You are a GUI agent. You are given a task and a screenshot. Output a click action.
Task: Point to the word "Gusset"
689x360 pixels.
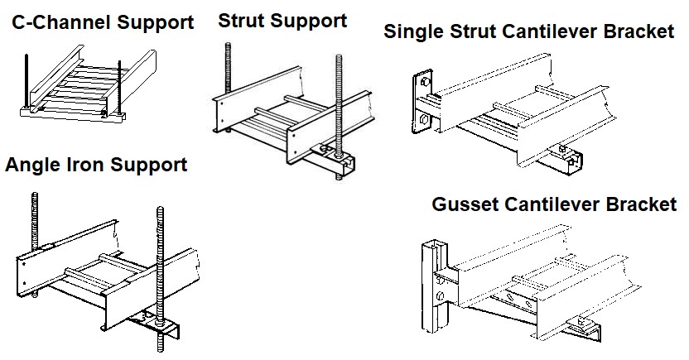point(465,204)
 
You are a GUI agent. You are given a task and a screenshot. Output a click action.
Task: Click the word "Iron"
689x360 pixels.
point(84,164)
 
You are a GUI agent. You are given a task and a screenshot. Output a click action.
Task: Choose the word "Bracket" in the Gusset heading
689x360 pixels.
point(641,204)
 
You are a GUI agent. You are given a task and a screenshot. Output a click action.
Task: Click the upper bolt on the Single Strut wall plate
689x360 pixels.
point(426,82)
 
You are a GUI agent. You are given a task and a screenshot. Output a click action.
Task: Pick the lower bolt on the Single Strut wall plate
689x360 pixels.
point(423,118)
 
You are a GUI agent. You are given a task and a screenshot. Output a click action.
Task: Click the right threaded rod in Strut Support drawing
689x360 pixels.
point(339,118)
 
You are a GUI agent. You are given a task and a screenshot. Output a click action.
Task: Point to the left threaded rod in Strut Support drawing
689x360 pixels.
point(228,70)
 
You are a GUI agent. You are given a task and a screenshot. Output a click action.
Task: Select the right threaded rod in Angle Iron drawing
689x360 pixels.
point(160,279)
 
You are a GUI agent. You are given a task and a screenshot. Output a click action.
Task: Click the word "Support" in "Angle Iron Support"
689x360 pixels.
point(148,165)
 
